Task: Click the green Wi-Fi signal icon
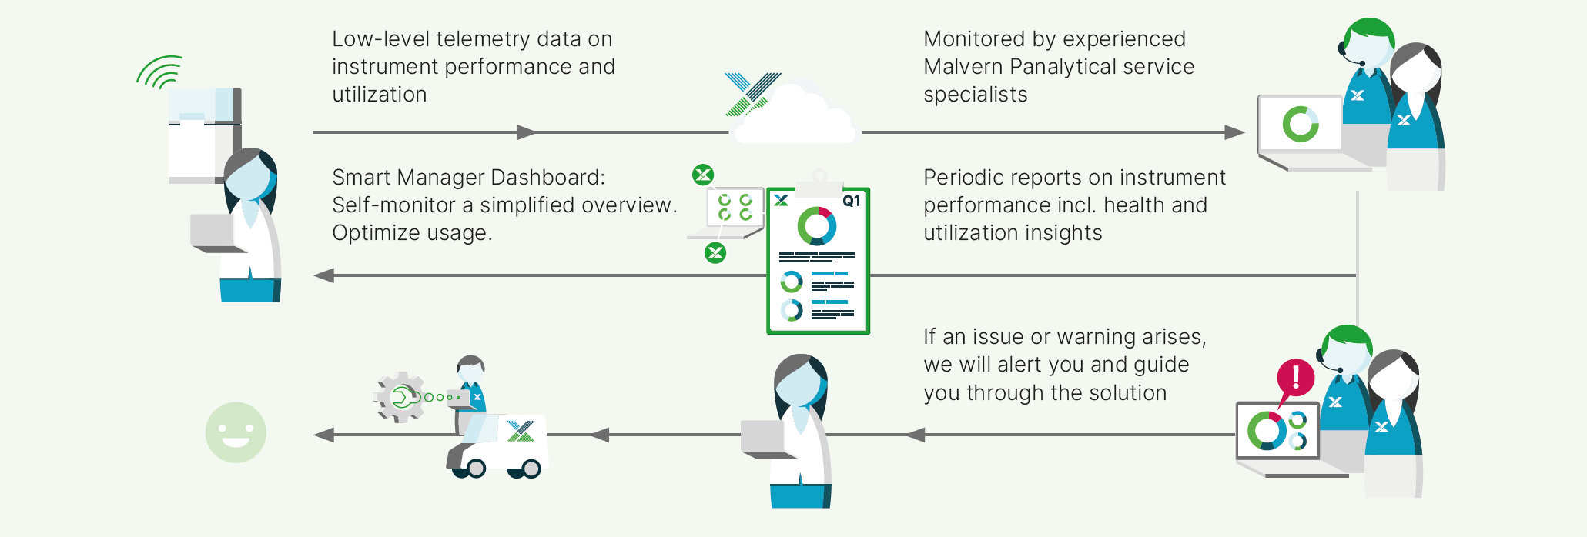click(x=160, y=72)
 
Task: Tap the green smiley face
click(x=236, y=432)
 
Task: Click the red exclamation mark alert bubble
click(x=1295, y=379)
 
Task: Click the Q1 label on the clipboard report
click(x=851, y=202)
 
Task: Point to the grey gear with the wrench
click(x=400, y=397)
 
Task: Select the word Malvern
click(x=963, y=67)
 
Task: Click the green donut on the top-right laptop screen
click(x=1301, y=124)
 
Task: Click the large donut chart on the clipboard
click(x=817, y=226)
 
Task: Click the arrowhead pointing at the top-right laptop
click(x=1234, y=132)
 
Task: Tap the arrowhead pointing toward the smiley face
click(x=324, y=435)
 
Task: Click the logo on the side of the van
click(x=521, y=432)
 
